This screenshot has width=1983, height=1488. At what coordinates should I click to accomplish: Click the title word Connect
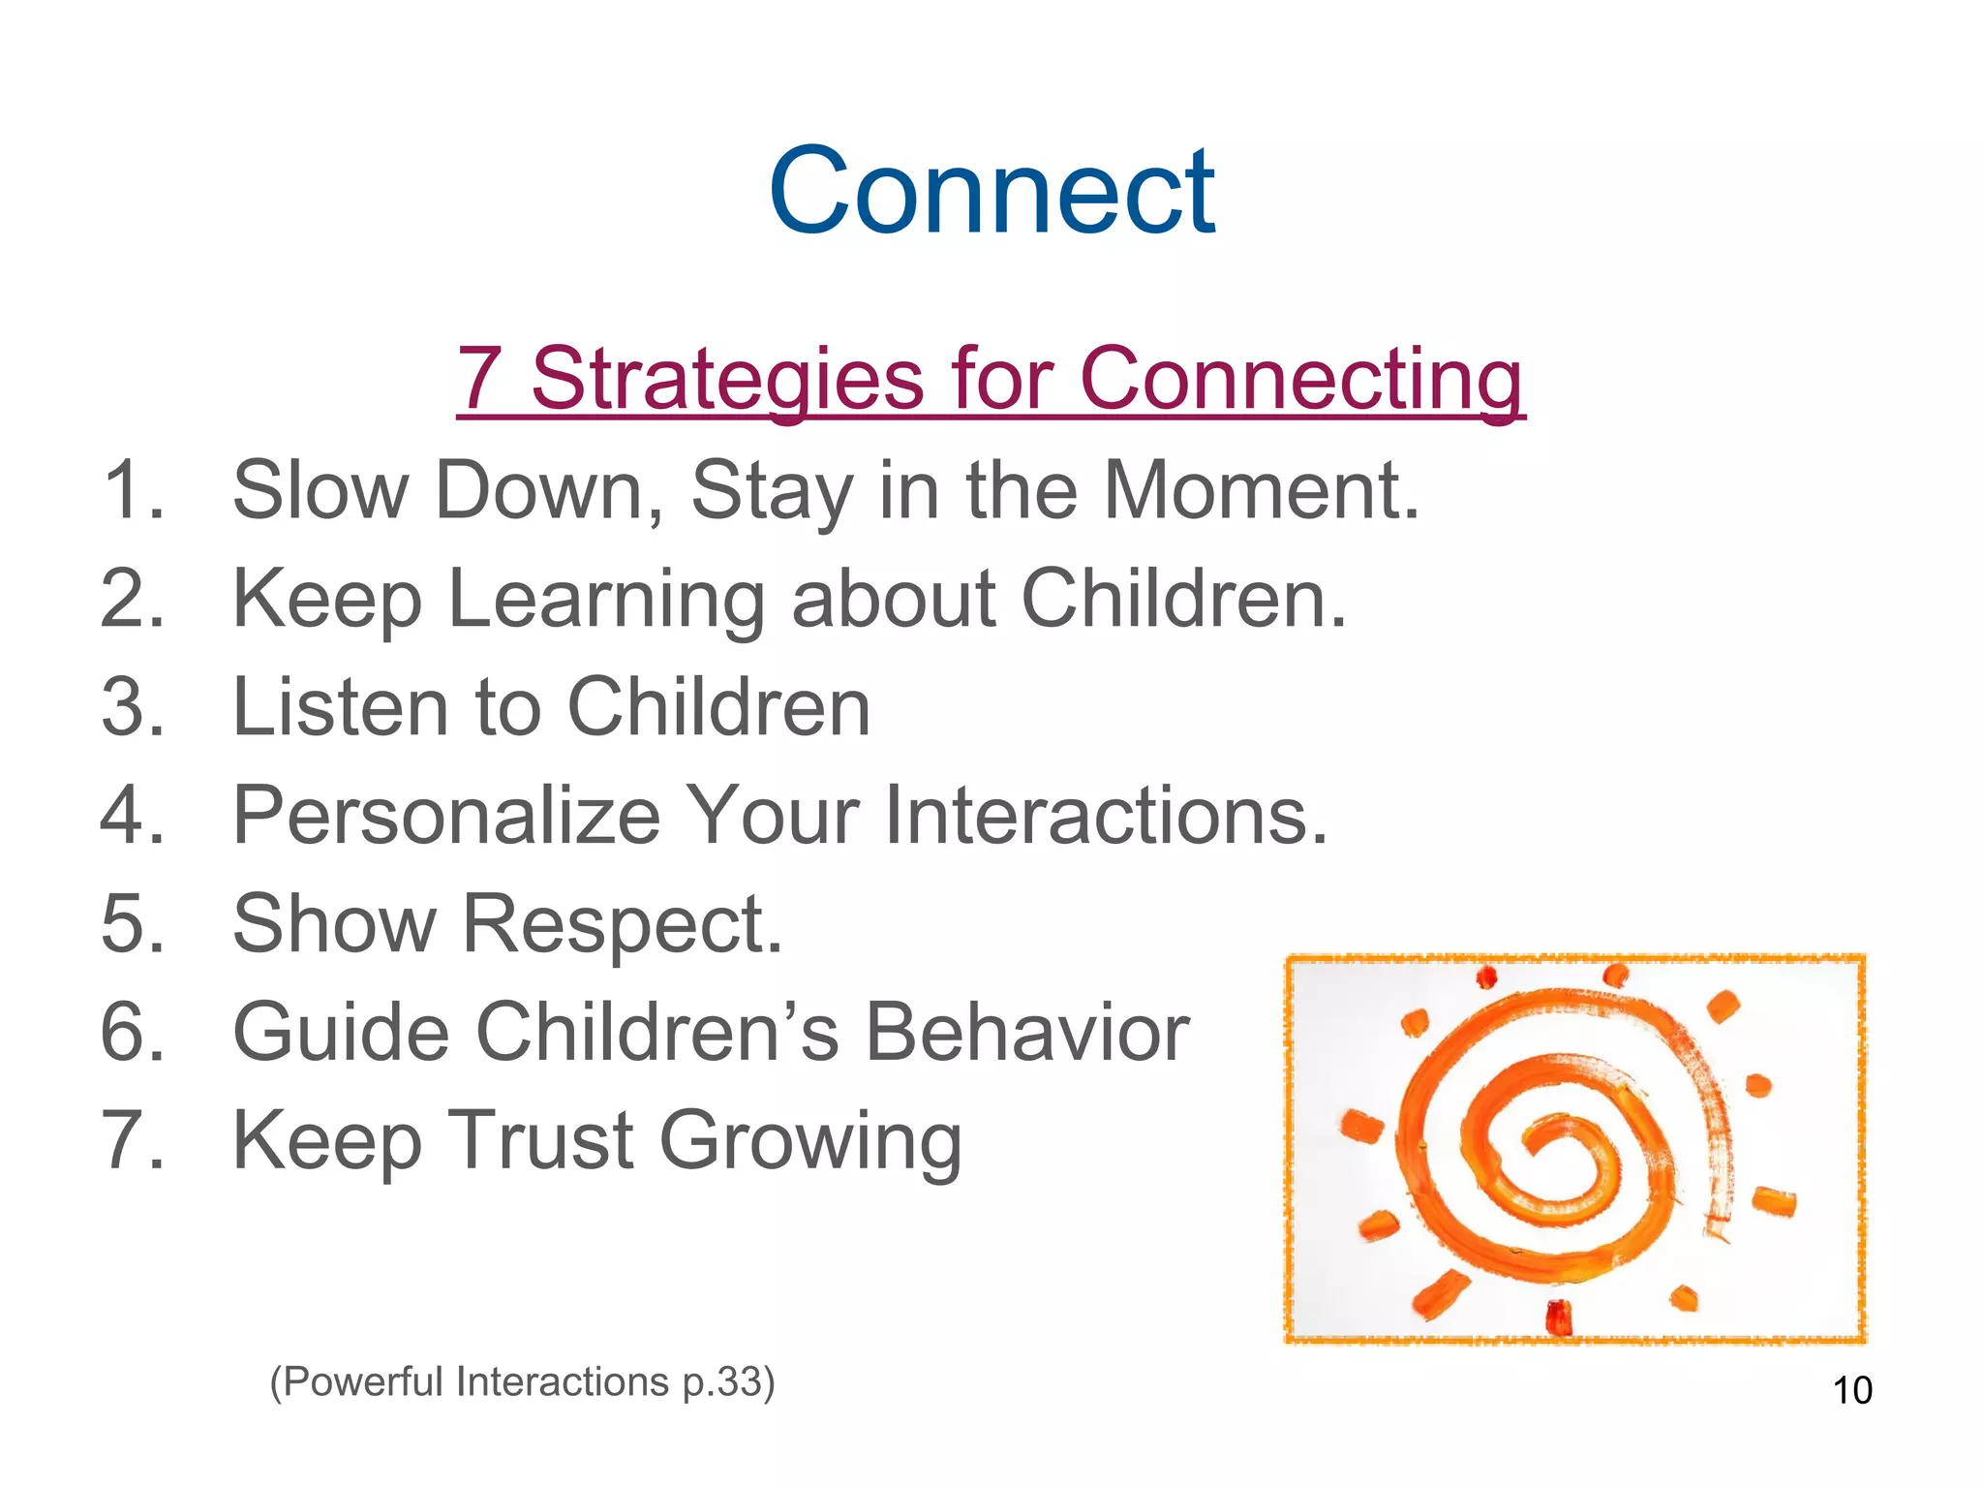pyautogui.click(x=991, y=191)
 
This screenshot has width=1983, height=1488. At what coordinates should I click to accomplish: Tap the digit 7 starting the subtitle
pyautogui.click(x=479, y=379)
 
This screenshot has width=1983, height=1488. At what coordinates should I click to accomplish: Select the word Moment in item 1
pyautogui.click(x=1260, y=491)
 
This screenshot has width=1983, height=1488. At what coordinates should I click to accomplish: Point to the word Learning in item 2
pyautogui.click(x=606, y=601)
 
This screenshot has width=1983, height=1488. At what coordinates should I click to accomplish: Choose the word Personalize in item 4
pyautogui.click(x=446, y=816)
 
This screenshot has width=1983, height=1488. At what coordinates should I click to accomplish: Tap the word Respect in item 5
pyautogui.click(x=622, y=925)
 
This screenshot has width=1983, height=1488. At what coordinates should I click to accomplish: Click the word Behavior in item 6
pyautogui.click(x=1025, y=1033)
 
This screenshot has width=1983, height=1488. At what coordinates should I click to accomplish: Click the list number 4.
pyautogui.click(x=132, y=816)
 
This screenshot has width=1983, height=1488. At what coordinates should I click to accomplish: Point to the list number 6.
pyautogui.click(x=132, y=1033)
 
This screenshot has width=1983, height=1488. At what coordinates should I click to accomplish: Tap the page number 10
pyautogui.click(x=1851, y=1391)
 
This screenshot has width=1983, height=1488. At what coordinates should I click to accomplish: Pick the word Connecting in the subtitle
pyautogui.click(x=1300, y=379)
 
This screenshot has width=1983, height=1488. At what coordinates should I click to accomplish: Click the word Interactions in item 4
pyautogui.click(x=1104, y=816)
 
